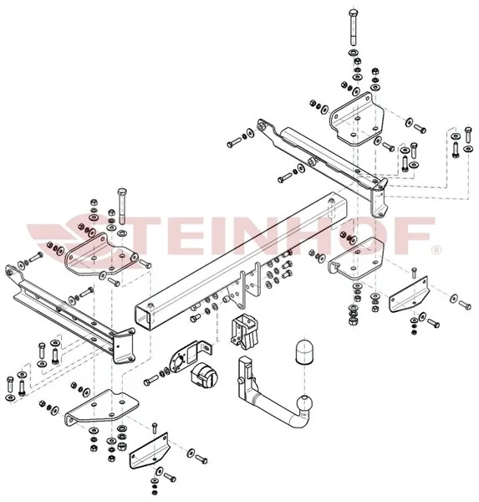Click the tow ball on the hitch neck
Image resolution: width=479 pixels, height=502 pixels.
coord(304,404)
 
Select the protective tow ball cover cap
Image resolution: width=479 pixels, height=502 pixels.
coord(304,351)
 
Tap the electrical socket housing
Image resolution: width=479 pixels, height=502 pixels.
coord(204,375)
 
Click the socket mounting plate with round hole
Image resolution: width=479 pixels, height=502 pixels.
coord(189,356)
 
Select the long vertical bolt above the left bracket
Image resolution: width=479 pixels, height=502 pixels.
coord(122,205)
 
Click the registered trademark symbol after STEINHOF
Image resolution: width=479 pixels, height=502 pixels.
coord(436,250)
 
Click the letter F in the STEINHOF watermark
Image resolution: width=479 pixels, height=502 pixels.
coord(417,236)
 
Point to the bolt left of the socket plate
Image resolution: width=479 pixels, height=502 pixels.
coord(151,380)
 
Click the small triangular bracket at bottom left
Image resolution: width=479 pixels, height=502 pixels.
coord(150,451)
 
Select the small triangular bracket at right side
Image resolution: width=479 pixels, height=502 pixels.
coord(409,295)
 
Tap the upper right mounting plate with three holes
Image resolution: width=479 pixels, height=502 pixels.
coord(357,120)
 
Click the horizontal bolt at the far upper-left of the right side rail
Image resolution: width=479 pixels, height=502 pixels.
coord(234,142)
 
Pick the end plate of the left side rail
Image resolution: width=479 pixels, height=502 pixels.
coord(123,346)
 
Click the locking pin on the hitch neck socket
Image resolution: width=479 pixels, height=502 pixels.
coord(241,381)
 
